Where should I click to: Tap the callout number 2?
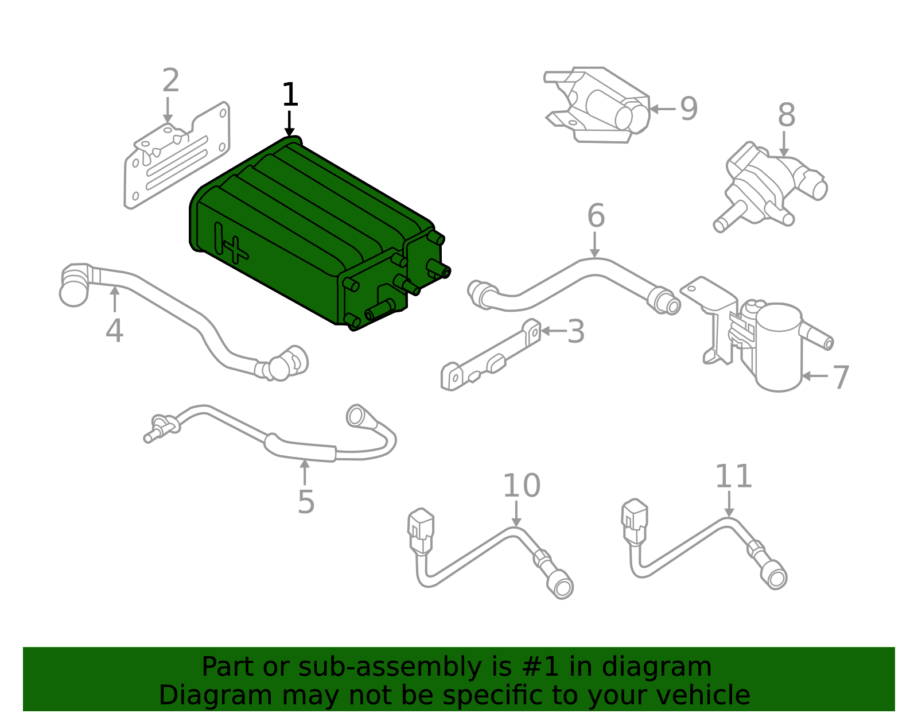[x=170, y=80]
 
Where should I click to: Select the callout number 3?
[x=576, y=332]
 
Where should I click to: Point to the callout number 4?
[x=115, y=331]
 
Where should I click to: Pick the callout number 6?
[x=596, y=215]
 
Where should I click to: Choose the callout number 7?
[x=841, y=377]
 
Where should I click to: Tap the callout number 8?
[x=787, y=115]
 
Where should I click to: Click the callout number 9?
[x=689, y=109]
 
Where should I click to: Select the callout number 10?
[x=522, y=486]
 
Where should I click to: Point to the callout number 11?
[x=733, y=476]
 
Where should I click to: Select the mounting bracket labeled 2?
[x=177, y=156]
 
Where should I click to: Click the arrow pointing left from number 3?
[x=554, y=331]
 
